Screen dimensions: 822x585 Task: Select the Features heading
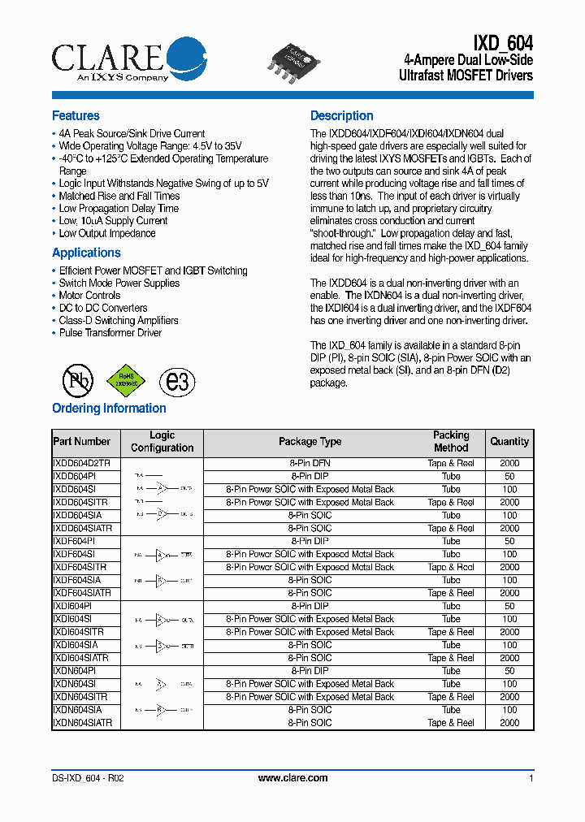76,116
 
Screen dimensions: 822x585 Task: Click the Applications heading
86,253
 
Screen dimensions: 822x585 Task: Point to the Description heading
341,116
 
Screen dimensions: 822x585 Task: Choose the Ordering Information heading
109,409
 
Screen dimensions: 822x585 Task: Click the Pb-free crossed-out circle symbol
79,380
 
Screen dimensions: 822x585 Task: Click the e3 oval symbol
176,380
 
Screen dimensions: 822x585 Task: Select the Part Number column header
81,442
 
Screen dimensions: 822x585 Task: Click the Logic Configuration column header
162,442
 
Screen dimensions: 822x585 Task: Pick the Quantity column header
509,442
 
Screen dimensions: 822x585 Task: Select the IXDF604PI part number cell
74,541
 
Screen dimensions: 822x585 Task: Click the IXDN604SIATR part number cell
82,723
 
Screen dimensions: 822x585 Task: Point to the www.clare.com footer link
292,778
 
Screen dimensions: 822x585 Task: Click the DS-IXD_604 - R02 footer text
88,778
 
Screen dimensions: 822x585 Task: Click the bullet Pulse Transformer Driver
110,333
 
